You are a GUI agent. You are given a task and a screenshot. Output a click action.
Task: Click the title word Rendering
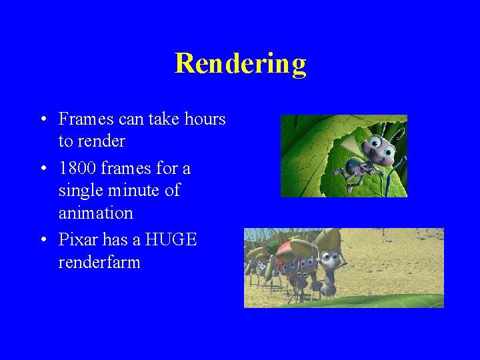pyautogui.click(x=240, y=63)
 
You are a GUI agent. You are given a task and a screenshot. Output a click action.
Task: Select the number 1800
pyautogui.click(x=79, y=168)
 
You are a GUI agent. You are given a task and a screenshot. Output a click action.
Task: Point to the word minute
pyautogui.click(x=135, y=191)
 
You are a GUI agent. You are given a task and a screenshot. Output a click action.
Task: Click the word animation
pyautogui.click(x=95, y=213)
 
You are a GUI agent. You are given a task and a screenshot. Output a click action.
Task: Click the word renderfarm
pyautogui.click(x=99, y=262)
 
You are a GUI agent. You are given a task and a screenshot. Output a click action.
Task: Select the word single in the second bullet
pyautogui.click(x=79, y=191)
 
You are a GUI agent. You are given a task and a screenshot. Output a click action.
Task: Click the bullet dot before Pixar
pyautogui.click(x=42, y=239)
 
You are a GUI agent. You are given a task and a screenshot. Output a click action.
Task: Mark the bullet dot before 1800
pyautogui.click(x=42, y=169)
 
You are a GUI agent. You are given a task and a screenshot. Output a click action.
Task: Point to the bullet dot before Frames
pyautogui.click(x=42, y=120)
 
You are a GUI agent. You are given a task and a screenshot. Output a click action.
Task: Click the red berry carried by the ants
pyautogui.click(x=286, y=253)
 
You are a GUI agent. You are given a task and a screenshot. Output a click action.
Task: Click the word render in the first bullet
pyautogui.click(x=101, y=142)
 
